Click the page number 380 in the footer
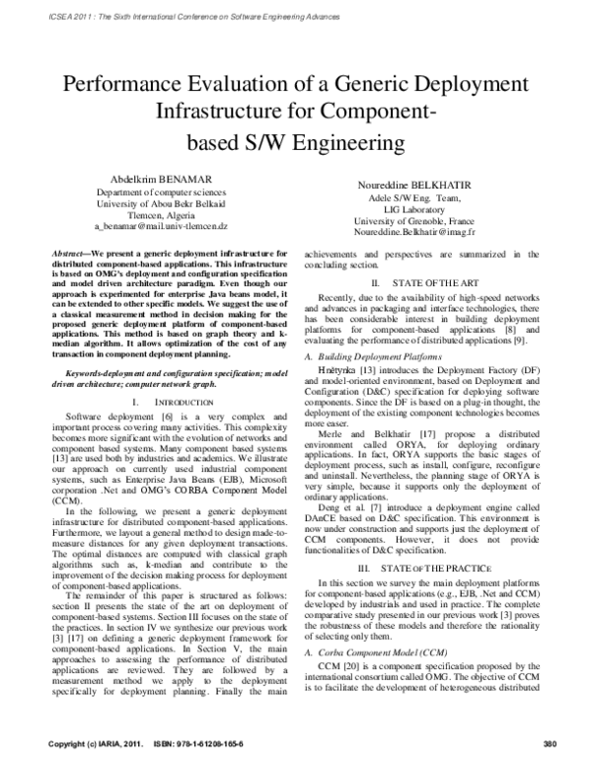tap(552, 741)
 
